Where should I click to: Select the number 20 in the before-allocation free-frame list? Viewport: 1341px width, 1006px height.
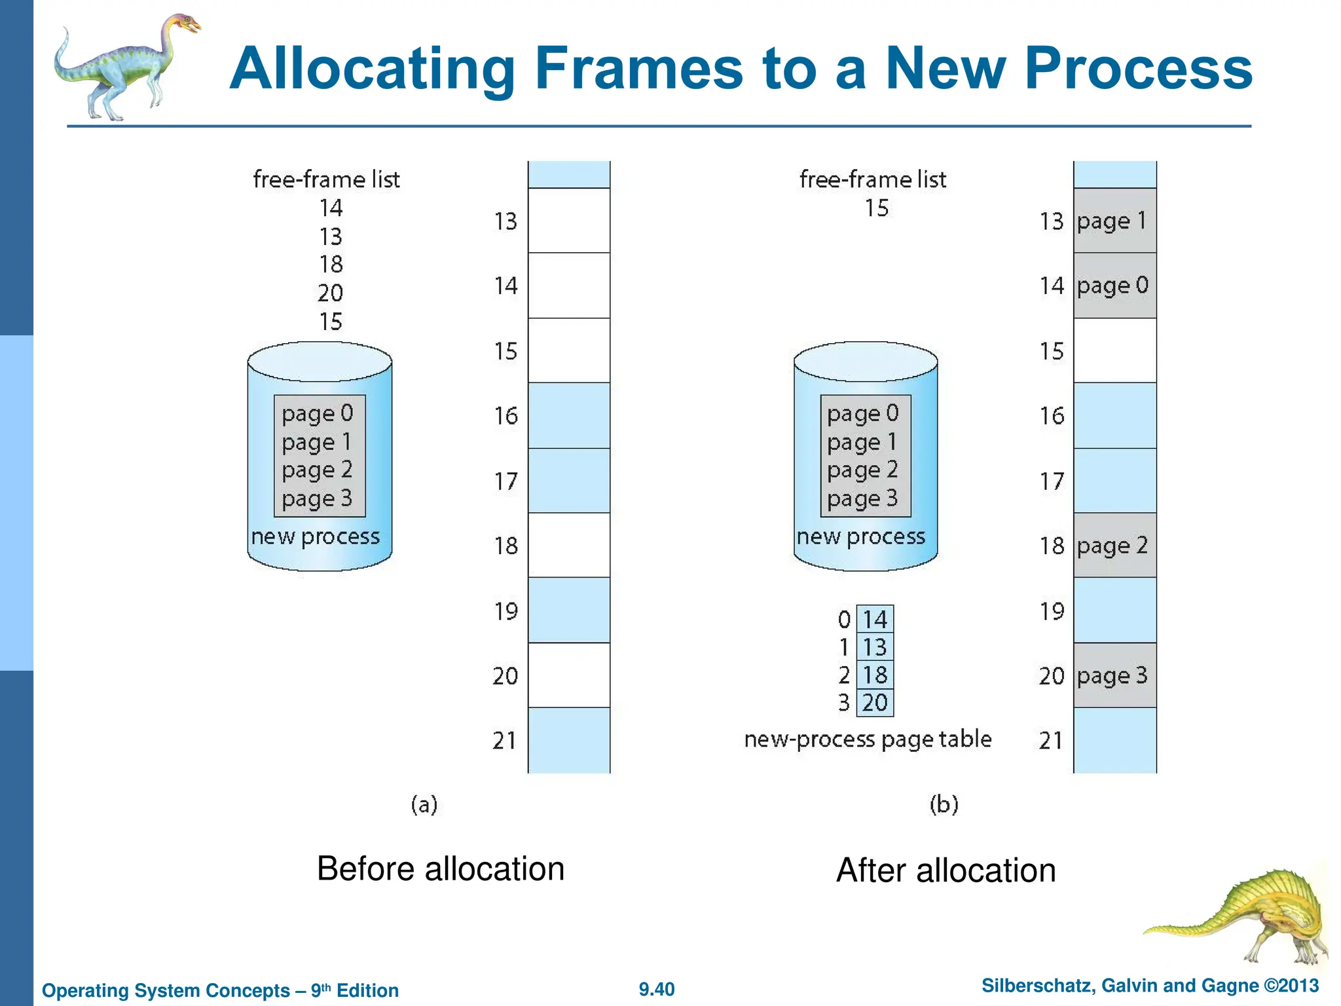(331, 293)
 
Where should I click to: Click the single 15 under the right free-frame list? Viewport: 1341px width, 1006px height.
(876, 208)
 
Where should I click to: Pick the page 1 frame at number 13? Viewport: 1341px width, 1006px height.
(1114, 221)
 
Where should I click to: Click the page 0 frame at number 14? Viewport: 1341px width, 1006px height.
(1114, 286)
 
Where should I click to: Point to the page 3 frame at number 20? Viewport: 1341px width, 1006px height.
(1114, 675)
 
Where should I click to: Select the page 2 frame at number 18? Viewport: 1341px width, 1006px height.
(1114, 546)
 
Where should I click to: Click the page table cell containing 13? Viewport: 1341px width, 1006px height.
(875, 647)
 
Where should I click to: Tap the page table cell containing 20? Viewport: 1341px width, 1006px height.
(875, 703)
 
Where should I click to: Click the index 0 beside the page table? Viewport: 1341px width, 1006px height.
(844, 620)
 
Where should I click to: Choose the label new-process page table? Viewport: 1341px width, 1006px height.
(868, 739)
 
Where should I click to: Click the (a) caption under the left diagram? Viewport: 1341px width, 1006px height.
(424, 804)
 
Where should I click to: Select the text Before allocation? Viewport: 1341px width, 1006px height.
(440, 869)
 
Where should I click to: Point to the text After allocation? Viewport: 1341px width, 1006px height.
(946, 870)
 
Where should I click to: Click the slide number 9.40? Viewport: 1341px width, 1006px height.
(656, 990)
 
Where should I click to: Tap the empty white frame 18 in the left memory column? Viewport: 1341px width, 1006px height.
(568, 546)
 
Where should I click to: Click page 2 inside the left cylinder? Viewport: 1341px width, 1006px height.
(318, 470)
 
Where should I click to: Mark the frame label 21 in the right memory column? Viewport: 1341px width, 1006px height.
(1051, 741)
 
